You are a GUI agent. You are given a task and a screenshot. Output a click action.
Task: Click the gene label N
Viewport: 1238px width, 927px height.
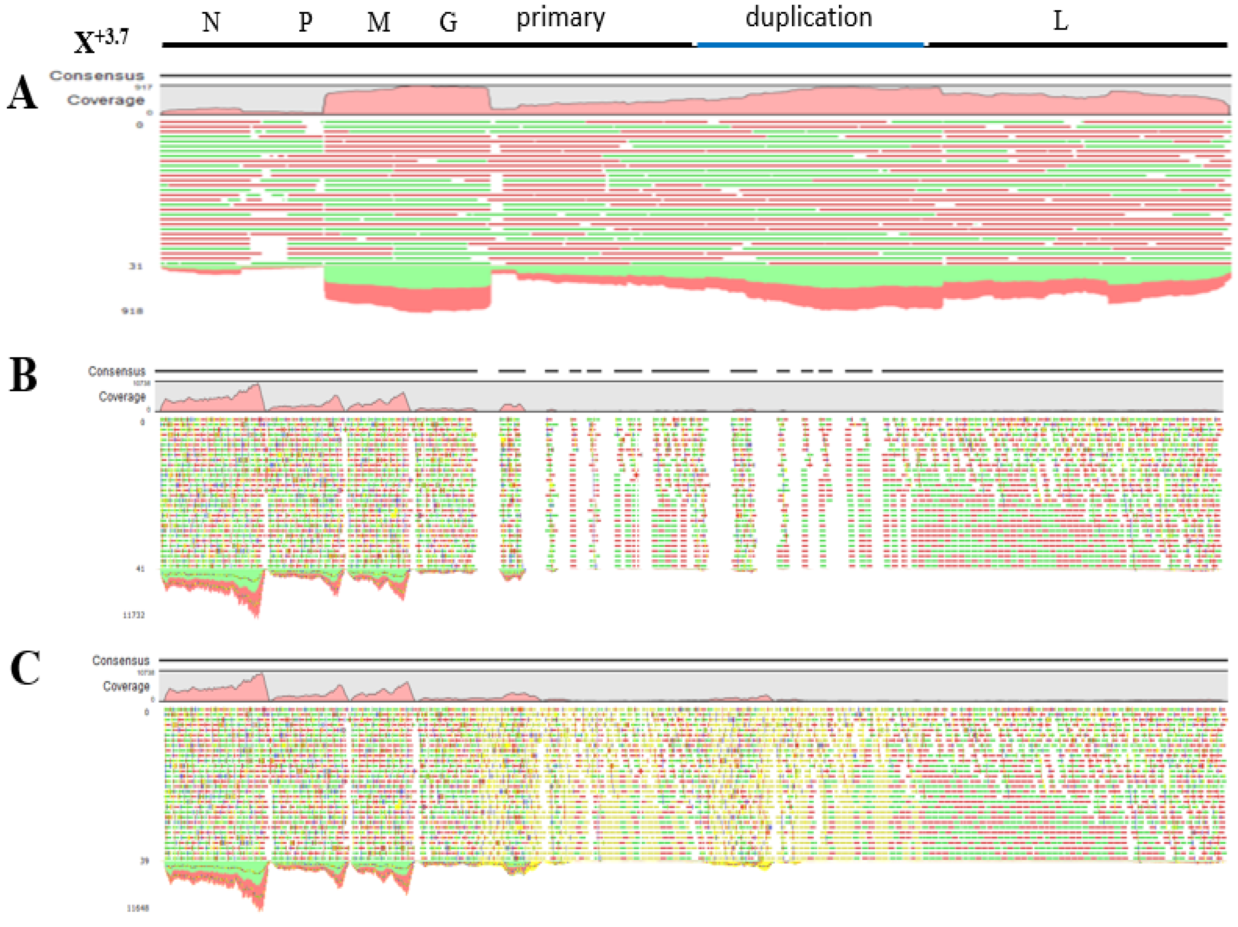coord(211,22)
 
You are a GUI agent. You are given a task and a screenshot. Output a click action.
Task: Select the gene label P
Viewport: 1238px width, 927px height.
coord(305,22)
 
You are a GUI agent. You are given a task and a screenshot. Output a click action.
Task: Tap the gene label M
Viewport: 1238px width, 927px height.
coord(378,22)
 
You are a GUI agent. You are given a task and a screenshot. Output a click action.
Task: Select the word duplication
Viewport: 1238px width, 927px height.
coord(809,17)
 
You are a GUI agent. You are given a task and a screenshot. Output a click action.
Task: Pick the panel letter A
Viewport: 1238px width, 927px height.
coord(22,94)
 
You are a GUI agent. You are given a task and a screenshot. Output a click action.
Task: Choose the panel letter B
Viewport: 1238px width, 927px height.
coord(23,375)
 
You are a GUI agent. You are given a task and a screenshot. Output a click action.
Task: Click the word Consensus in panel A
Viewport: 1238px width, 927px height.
coord(97,76)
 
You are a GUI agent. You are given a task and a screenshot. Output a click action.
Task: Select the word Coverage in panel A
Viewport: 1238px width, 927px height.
coord(106,100)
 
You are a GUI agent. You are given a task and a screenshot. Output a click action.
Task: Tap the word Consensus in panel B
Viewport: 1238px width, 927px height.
coord(116,371)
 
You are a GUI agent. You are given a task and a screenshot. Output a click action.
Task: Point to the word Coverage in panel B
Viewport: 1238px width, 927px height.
coord(122,396)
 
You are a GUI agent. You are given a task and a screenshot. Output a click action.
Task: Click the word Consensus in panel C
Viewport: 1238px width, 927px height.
coord(121,661)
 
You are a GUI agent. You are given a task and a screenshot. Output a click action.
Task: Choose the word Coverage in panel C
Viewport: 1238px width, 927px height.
coord(126,686)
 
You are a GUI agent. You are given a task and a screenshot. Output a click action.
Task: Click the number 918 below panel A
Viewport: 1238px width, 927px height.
coord(133,311)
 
